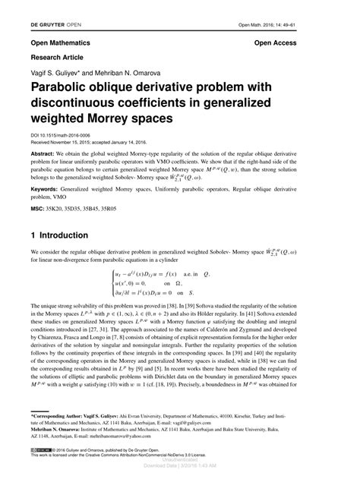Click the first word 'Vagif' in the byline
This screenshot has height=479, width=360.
39,71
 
